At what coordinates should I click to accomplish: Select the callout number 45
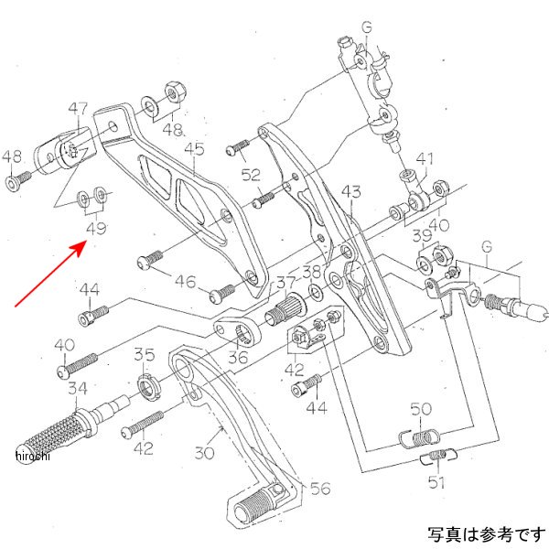coord(194,148)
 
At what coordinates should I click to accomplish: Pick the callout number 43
coord(351,191)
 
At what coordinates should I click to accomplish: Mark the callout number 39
coord(420,237)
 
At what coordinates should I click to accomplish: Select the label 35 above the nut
coord(145,354)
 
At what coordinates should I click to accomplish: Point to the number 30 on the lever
coord(203,452)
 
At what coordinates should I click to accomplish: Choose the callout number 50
coord(421,409)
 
